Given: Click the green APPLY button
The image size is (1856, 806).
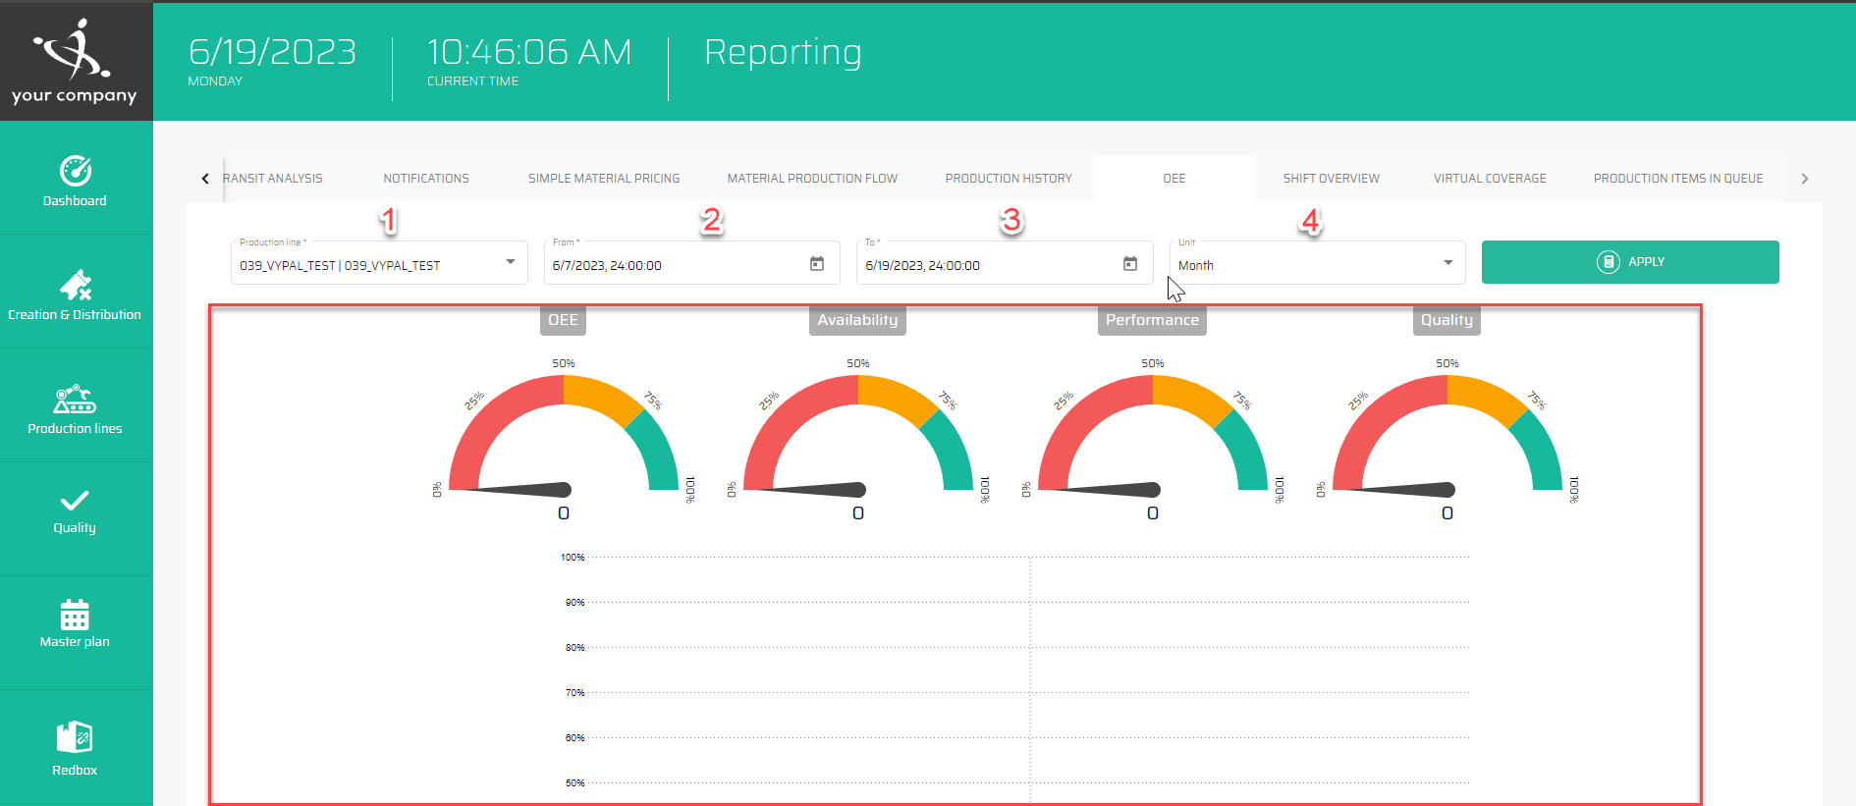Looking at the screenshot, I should click(x=1629, y=262).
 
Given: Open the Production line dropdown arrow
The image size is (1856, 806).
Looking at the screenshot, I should click(x=511, y=262).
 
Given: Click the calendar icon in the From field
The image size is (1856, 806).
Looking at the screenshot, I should click(x=817, y=264).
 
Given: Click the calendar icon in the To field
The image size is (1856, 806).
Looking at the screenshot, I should click(x=1130, y=264).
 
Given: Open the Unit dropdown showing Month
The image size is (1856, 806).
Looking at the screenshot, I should click(x=1316, y=264).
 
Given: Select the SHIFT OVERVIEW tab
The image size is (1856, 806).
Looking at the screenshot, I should click(x=1331, y=179).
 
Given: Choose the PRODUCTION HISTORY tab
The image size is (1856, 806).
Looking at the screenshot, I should click(x=1009, y=179).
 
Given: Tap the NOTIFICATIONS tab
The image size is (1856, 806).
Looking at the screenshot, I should click(x=426, y=179).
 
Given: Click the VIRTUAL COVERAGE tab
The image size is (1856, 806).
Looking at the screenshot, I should click(x=1490, y=179).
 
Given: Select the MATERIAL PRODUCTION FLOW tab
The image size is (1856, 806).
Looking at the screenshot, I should click(x=812, y=179).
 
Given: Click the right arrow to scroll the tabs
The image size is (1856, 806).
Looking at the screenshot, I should click(x=1804, y=179).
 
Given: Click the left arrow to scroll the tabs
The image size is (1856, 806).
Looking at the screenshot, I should click(x=205, y=179).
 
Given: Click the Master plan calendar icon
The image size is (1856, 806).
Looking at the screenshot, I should click(x=75, y=616).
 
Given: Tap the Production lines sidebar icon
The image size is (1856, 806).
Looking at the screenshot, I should click(x=75, y=401).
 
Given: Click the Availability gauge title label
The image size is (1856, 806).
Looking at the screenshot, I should click(x=857, y=320).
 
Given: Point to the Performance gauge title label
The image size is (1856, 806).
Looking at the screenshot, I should click(x=1152, y=320).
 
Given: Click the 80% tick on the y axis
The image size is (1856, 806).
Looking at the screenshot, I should click(x=574, y=648).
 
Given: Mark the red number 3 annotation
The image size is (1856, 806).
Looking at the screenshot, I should click(x=1011, y=221).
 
